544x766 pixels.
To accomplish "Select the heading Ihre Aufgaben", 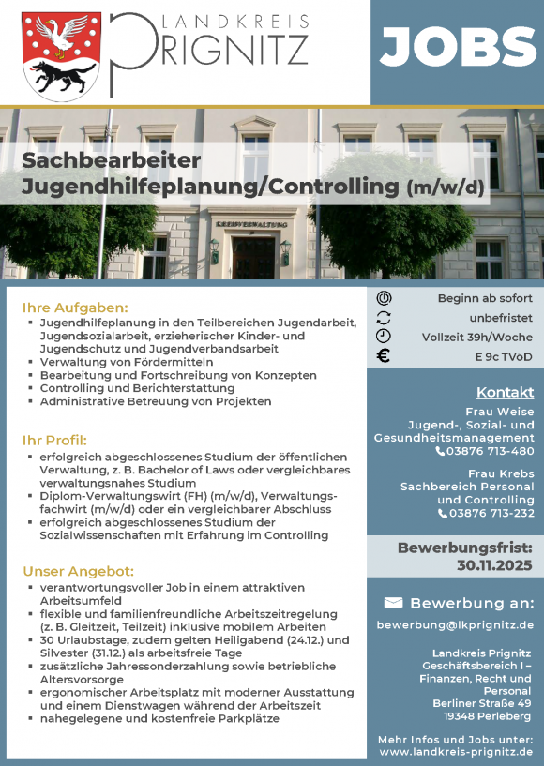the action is click(74, 308).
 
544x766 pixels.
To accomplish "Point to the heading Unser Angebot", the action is click(79, 571).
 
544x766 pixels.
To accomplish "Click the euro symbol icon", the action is click(383, 356).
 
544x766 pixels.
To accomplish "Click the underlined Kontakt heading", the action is click(505, 392).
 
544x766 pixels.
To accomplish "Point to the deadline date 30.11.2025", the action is click(495, 565).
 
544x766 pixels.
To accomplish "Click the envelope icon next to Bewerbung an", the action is click(393, 602).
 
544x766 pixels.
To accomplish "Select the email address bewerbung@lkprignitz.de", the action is click(455, 624).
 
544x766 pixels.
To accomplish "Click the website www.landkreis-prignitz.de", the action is click(457, 752).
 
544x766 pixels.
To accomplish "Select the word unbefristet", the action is click(501, 318).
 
